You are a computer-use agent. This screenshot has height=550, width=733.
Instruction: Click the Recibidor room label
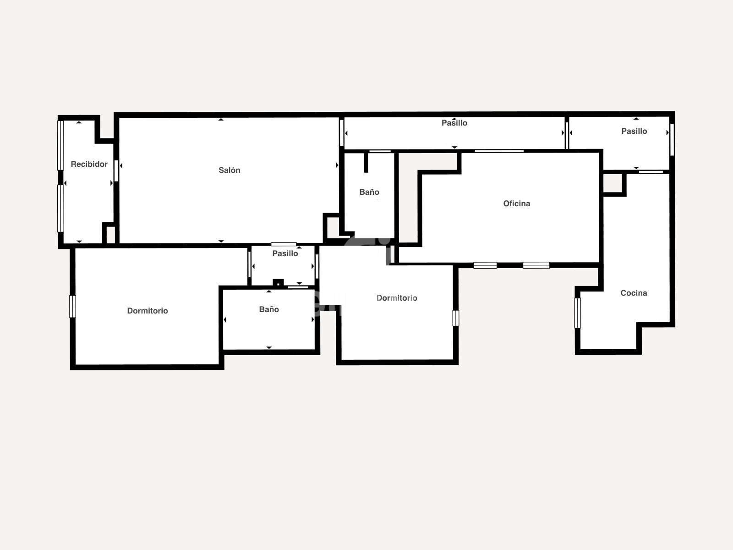(x=89, y=164)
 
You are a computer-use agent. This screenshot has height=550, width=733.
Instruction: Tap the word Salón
(x=230, y=170)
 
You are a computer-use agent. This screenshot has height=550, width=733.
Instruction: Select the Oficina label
(x=517, y=203)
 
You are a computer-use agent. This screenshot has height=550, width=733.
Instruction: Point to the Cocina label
(x=634, y=293)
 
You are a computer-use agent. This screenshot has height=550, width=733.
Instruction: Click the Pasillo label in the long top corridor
(x=454, y=123)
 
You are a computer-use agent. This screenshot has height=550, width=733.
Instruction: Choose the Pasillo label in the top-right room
(x=634, y=131)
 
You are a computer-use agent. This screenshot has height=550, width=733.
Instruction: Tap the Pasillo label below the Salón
(x=285, y=253)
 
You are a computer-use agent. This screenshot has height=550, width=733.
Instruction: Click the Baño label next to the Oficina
(x=369, y=192)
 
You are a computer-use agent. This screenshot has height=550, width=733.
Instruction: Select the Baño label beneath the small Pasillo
(x=269, y=309)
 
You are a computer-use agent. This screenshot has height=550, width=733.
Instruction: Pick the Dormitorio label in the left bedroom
(x=147, y=311)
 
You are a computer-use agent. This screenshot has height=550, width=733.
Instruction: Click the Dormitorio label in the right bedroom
(x=397, y=298)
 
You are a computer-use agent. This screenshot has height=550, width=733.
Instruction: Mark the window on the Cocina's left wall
(x=577, y=313)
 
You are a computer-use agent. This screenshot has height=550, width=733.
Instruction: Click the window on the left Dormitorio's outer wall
(x=72, y=307)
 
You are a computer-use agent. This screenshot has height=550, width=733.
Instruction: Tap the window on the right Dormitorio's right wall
(x=456, y=318)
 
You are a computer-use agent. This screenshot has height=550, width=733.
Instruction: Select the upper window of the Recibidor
(x=60, y=145)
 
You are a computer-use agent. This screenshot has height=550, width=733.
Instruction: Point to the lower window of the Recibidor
(x=60, y=209)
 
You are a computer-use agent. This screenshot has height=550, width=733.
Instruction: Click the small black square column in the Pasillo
(x=278, y=283)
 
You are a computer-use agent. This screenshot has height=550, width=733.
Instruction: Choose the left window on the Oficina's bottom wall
(x=485, y=265)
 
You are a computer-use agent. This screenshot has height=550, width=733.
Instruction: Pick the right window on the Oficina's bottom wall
(x=536, y=265)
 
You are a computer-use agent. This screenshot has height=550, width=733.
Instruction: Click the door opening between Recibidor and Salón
(x=116, y=171)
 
